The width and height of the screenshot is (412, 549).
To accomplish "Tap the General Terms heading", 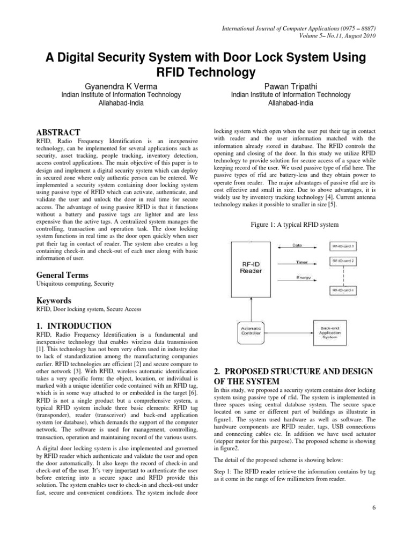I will (x=62, y=275).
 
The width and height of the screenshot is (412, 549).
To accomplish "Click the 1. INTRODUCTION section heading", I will (x=73, y=325).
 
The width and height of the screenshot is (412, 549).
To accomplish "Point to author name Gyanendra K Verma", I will (x=117, y=85).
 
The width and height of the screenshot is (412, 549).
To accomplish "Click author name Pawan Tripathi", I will (x=290, y=85).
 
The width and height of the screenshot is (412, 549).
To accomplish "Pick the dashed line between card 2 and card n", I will (x=343, y=276).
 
